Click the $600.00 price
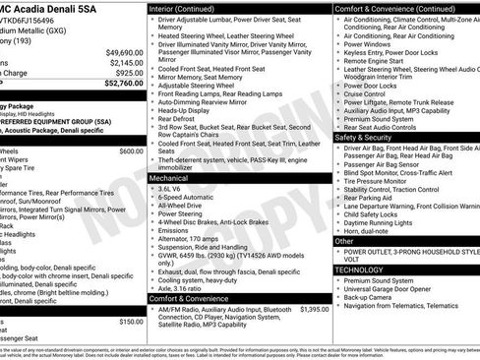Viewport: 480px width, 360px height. click(x=131, y=151)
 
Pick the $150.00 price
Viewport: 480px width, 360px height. click(x=131, y=322)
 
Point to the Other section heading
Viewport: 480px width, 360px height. click(x=345, y=240)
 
